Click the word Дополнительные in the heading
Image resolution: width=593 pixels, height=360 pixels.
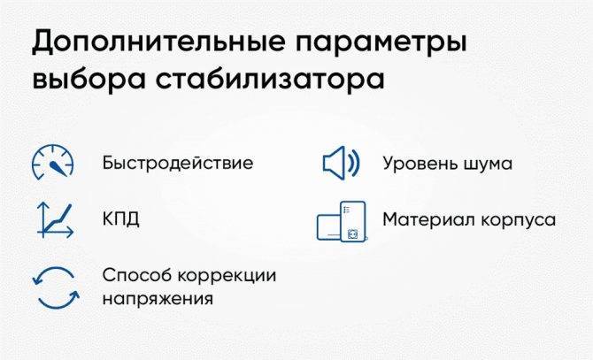[x=158, y=41]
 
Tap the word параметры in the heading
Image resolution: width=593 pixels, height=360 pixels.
[x=381, y=44]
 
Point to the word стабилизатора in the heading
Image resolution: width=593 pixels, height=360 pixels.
[x=271, y=79]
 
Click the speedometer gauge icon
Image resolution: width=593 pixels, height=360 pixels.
[x=53, y=162]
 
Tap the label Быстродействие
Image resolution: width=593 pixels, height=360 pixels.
[x=178, y=163]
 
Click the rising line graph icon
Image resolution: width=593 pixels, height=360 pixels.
[x=55, y=220]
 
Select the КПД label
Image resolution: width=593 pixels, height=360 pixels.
[x=121, y=218]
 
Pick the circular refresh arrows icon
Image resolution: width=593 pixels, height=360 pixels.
[x=56, y=287]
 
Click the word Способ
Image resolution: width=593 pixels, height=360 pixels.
[x=137, y=275]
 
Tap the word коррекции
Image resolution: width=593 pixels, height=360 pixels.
[x=227, y=276]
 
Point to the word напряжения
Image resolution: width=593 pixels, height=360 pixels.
[x=158, y=299]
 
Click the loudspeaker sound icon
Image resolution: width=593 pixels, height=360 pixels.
[x=341, y=163]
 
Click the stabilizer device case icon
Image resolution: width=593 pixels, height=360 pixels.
[x=342, y=221]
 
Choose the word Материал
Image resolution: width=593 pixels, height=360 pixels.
[x=423, y=219]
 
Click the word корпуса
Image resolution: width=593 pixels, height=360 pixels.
[x=512, y=220]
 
